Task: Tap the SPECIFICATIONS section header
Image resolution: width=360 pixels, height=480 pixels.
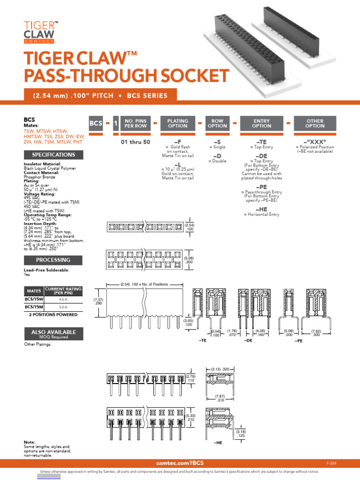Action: (53, 155)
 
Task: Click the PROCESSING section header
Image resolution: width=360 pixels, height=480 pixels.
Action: (53, 260)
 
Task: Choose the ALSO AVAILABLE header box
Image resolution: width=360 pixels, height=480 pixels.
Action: (53, 334)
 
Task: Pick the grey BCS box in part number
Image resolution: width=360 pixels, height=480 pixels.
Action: (96, 123)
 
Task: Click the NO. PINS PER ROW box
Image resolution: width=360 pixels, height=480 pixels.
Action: (135, 123)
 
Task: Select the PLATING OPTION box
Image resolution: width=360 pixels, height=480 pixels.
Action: (178, 123)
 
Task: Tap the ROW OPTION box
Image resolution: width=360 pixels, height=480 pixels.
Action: (217, 123)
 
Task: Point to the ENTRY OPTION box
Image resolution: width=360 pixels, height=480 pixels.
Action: (262, 123)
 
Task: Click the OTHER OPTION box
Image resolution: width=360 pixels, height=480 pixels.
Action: (315, 123)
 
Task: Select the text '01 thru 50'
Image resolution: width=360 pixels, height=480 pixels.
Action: (135, 141)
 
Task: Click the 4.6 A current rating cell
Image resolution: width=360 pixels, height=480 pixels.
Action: (63, 298)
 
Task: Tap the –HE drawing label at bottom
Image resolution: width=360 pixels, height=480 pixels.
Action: (217, 442)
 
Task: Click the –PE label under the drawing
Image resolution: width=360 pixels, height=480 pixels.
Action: (299, 341)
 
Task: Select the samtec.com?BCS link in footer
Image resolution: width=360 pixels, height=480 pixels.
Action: (177, 463)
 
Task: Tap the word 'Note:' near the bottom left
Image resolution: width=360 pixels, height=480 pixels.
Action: (29, 442)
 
